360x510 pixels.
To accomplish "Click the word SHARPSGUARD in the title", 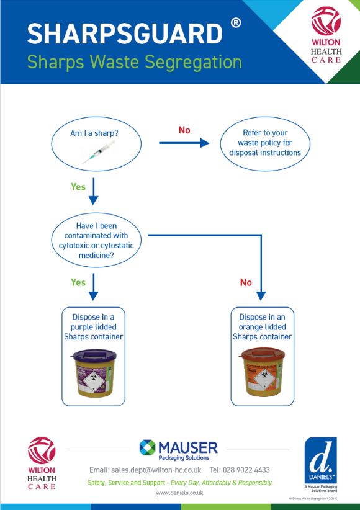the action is (x=125, y=34).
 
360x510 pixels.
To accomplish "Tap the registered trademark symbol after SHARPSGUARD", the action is (x=236, y=24).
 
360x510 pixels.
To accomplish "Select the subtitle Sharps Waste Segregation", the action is (x=134, y=62).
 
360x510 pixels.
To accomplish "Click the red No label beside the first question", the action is (x=184, y=130).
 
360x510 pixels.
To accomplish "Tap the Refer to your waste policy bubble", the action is (x=265, y=143).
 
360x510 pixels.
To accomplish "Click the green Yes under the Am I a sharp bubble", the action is (x=78, y=187).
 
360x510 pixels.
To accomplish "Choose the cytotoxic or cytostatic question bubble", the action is (x=96, y=240).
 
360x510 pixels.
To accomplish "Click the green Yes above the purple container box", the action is (x=78, y=282).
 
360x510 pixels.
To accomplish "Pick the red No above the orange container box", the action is (x=246, y=282).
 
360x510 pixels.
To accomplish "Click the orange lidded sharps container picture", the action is (x=262, y=374).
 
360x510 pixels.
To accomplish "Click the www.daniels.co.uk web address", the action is (x=179, y=493).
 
